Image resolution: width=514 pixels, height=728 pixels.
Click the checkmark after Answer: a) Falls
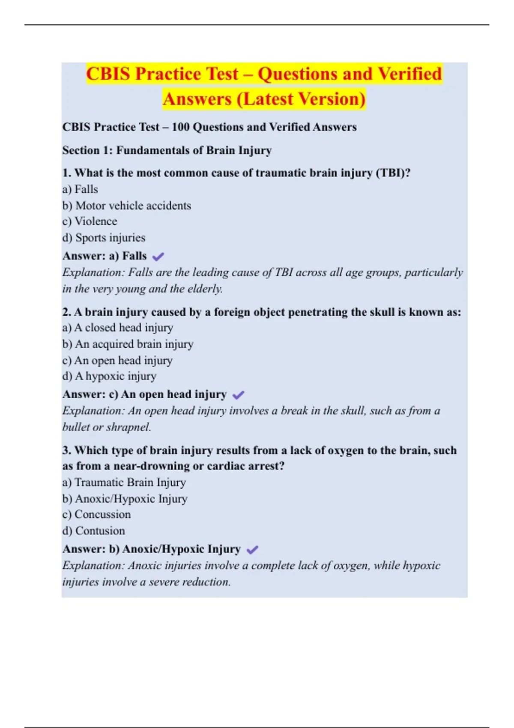click(158, 257)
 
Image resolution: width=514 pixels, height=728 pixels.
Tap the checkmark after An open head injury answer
click(238, 395)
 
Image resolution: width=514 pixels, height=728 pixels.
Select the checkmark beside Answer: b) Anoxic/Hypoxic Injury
click(252, 549)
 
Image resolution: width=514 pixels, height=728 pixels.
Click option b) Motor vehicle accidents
click(127, 206)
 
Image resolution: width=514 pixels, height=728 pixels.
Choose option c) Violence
click(90, 221)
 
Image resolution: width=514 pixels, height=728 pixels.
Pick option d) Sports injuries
click(104, 238)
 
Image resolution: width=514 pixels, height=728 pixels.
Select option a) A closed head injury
click(117, 328)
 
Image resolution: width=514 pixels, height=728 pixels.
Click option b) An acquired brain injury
click(128, 344)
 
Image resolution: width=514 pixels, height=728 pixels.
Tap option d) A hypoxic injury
click(109, 376)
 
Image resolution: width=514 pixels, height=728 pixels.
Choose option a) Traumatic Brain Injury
click(124, 482)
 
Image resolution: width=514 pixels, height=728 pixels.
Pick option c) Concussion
click(96, 514)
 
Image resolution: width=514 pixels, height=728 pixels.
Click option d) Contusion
click(93, 531)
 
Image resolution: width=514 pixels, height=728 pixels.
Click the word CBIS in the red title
click(108, 74)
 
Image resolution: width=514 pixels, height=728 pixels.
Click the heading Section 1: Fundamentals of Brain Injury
click(167, 150)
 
